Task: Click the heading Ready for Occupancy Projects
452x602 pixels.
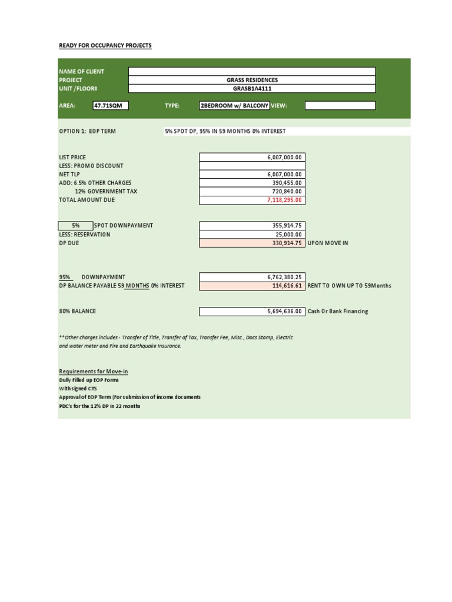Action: click(x=105, y=45)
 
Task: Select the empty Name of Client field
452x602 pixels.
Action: click(x=251, y=71)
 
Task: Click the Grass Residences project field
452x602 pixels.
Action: click(x=251, y=80)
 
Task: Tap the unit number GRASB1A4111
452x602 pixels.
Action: click(x=251, y=89)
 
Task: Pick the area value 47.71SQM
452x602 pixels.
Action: click(x=110, y=106)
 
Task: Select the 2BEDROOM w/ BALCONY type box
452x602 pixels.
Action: click(x=234, y=106)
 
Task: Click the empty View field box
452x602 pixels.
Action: click(x=340, y=106)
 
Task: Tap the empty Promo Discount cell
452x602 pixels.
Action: click(x=252, y=166)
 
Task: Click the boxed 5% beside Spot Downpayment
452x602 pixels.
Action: click(x=75, y=226)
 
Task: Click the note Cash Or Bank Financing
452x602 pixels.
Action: click(x=338, y=312)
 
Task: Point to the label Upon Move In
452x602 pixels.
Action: click(x=328, y=243)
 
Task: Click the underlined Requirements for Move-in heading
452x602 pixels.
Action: click(x=94, y=372)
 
